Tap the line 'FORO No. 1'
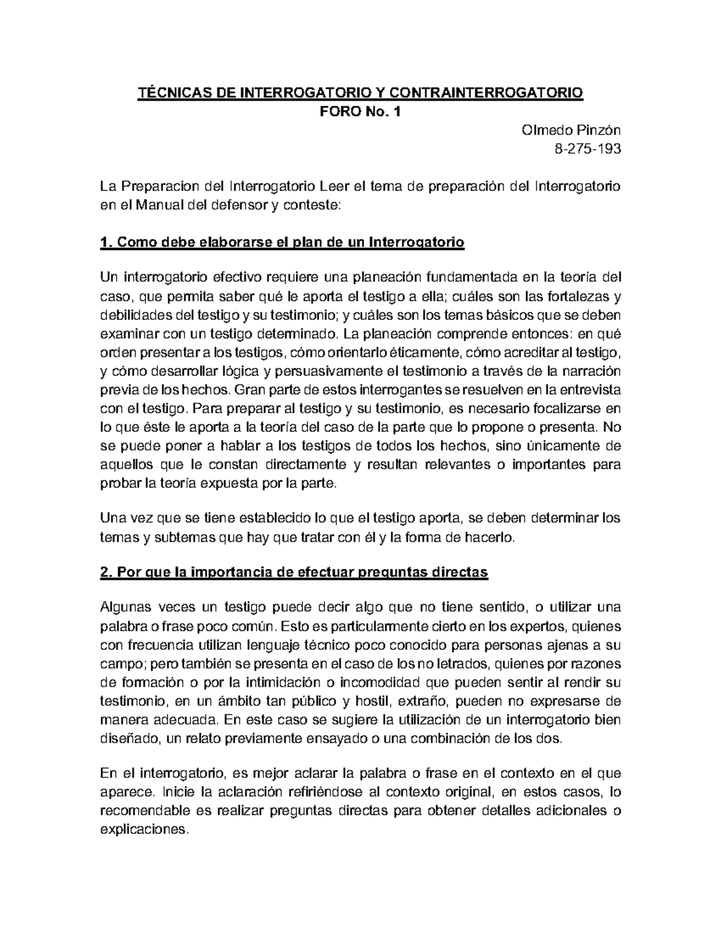coord(360,111)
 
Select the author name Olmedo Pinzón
coord(571,130)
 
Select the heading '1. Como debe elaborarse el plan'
coord(282,243)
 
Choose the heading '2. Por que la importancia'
coord(294,573)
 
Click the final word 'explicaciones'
coord(144,830)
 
